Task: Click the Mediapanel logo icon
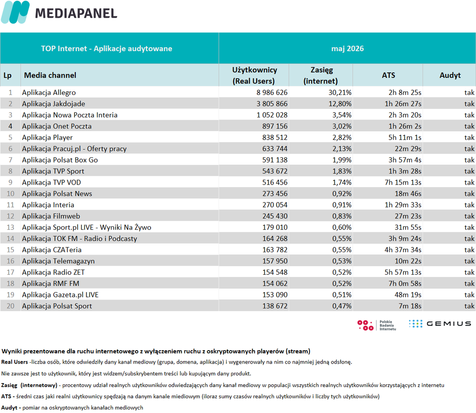click(x=15, y=12)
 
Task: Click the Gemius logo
click(x=440, y=324)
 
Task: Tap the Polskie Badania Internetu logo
click(x=377, y=325)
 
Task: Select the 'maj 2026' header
click(x=347, y=49)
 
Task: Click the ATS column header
click(x=388, y=75)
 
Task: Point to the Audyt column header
click(x=450, y=75)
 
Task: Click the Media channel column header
click(x=50, y=75)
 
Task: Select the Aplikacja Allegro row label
click(x=49, y=92)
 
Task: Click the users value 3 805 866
click(x=272, y=104)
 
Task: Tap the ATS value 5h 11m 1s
click(x=405, y=137)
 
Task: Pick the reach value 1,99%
click(x=342, y=160)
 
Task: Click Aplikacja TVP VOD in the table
click(x=51, y=182)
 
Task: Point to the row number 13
click(x=10, y=227)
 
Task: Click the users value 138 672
click(x=275, y=306)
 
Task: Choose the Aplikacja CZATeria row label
click(x=51, y=250)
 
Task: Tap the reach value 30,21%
click(x=340, y=92)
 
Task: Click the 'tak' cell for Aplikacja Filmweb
click(x=469, y=216)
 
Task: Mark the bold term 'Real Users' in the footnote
click(x=15, y=362)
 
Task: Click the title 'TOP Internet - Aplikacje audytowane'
click(x=106, y=49)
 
